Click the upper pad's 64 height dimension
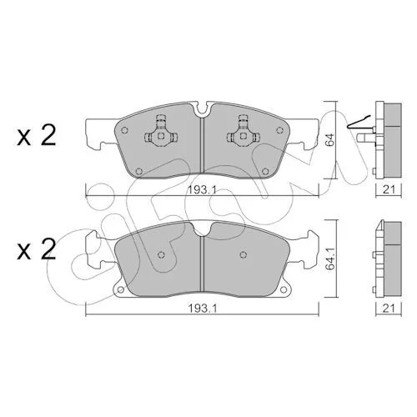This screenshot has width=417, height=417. [x=330, y=140]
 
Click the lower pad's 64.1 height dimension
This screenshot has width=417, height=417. [x=330, y=260]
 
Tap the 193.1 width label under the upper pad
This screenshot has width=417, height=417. [x=202, y=190]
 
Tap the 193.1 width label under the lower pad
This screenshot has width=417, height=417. [x=202, y=309]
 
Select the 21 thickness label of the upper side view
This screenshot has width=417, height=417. [x=389, y=189]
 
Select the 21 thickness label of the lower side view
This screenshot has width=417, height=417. [x=389, y=309]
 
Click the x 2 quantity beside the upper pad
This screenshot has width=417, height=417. [x=37, y=135]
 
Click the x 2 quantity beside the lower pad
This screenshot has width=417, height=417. [x=37, y=249]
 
